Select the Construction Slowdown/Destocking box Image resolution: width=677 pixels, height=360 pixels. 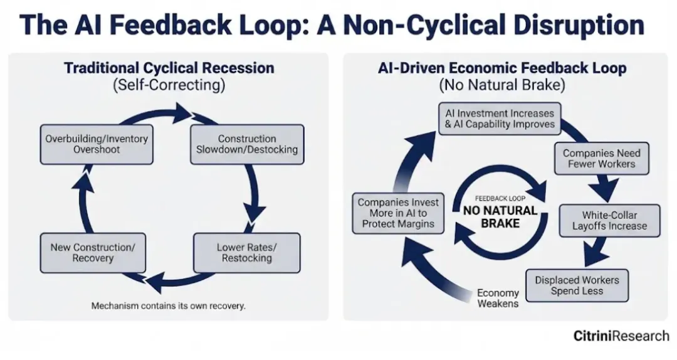tap(247, 144)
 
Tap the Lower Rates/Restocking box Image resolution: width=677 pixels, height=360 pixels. tap(246, 252)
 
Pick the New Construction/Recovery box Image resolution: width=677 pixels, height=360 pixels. tap(92, 253)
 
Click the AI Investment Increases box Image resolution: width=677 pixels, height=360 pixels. tap(500, 119)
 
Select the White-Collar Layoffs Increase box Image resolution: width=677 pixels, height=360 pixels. tap(609, 220)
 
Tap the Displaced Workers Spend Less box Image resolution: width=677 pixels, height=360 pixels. tap(577, 285)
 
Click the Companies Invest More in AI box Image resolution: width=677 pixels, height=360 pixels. tap(399, 213)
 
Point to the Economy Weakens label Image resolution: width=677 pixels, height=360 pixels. tap(498, 298)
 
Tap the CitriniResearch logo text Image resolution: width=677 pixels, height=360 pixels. tap(621, 336)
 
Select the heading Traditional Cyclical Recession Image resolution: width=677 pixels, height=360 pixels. tap(169, 68)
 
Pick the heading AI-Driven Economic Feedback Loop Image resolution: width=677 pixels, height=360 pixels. tap(502, 68)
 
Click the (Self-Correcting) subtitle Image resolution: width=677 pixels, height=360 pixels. tap(169, 85)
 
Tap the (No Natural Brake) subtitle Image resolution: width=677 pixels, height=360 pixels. tap(502, 85)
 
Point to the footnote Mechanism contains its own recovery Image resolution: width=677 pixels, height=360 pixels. tap(168, 306)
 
